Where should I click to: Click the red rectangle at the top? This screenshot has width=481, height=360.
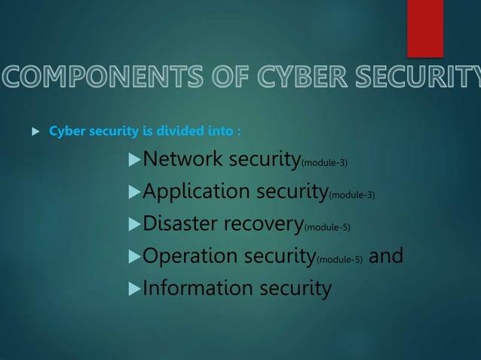(425, 28)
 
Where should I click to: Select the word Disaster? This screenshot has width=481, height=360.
(180, 224)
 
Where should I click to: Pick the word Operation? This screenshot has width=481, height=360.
(189, 256)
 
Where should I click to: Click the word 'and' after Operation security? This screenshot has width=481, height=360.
(386, 256)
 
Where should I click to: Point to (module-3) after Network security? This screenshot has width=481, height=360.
(324, 163)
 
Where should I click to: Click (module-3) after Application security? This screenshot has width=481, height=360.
(352, 195)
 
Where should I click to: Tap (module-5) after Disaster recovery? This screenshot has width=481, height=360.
(327, 227)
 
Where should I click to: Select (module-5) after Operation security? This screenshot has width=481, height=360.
(339, 260)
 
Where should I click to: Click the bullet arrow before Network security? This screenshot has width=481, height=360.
(135, 160)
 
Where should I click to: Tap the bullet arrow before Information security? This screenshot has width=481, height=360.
(135, 288)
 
